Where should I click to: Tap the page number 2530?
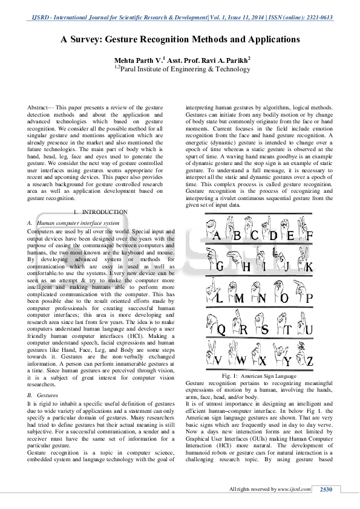pos(326,489)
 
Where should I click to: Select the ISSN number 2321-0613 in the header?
pos(319,18)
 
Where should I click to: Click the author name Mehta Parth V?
pos(138,60)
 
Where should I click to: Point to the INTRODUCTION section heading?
pos(105,212)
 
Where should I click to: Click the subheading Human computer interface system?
pos(78,223)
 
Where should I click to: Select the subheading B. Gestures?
pos(42,395)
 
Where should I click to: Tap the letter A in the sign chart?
pos(217,235)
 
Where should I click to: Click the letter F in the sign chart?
pos(310,235)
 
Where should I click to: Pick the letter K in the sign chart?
pos(309,267)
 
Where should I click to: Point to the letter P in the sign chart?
pos(309,298)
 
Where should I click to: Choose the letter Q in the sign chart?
pos(221,330)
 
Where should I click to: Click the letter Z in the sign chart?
pos(310,361)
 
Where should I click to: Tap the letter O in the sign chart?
pos(284,298)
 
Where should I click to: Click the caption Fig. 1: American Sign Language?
pos(259,376)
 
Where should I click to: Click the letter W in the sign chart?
pos(241,361)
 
